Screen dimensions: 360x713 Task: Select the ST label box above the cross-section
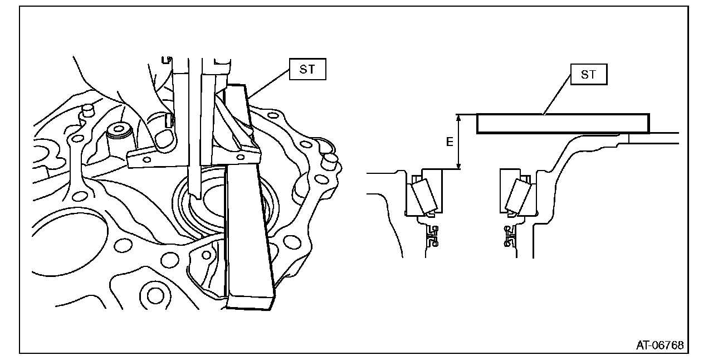point(588,75)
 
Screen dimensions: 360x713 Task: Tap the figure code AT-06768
point(660,345)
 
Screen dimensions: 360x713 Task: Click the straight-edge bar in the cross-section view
point(563,124)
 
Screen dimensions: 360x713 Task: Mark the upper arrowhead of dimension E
point(458,118)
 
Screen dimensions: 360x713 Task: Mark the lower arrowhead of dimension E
point(458,166)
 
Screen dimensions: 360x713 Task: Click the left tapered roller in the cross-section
point(422,197)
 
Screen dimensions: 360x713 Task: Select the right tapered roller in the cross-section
point(517,197)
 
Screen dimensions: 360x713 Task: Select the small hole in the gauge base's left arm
point(146,159)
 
